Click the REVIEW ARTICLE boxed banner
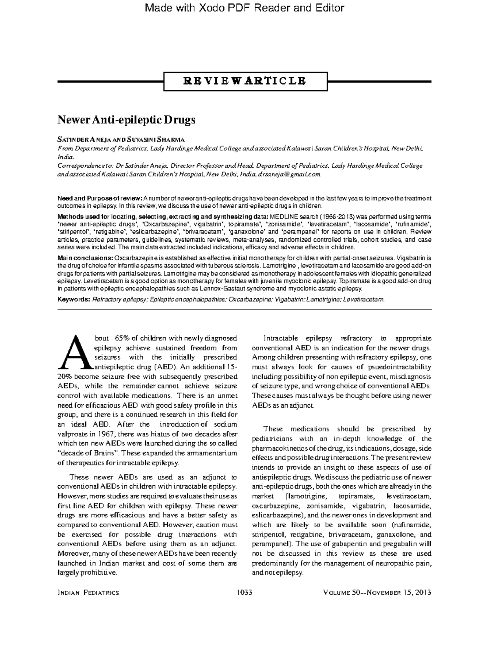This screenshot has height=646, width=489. click(245, 81)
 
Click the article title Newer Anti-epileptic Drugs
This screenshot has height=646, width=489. click(126, 120)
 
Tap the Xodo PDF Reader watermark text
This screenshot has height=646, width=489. click(245, 8)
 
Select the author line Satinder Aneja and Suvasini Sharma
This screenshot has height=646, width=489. click(121, 140)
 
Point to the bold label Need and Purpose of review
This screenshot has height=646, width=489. click(100, 198)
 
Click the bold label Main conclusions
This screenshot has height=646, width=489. click(85, 258)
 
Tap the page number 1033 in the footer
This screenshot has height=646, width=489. click(244, 593)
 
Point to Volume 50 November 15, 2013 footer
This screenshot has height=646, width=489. click(377, 593)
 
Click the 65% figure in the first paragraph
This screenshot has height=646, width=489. click(122, 338)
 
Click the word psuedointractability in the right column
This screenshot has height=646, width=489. click(400, 367)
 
